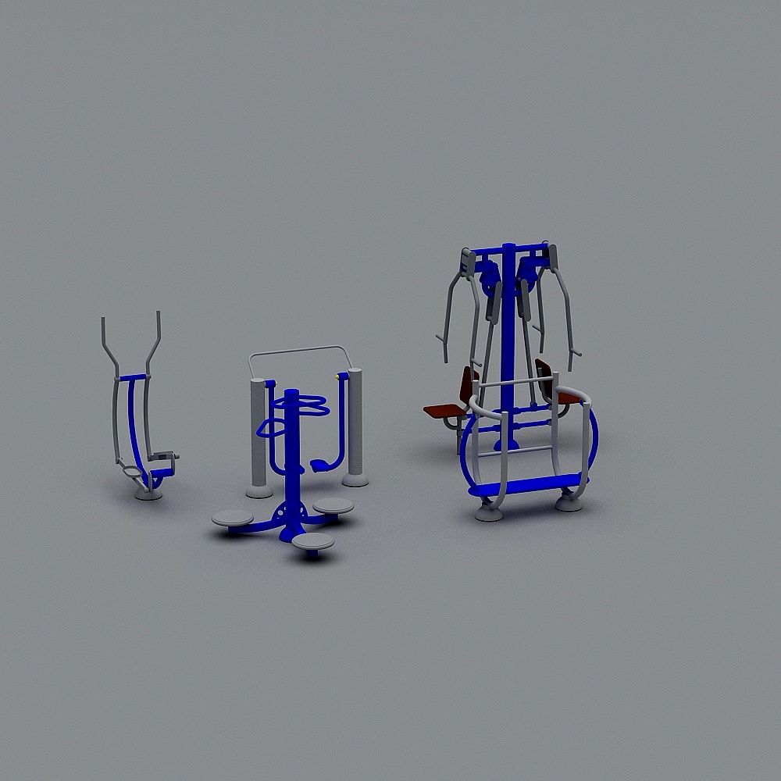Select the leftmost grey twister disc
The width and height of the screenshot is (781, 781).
232,518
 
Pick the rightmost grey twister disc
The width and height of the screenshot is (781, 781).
333,506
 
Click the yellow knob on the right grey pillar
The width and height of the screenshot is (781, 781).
337,377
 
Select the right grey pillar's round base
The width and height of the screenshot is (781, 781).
355,480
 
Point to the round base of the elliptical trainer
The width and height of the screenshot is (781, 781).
148,493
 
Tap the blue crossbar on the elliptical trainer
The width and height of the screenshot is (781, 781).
131,377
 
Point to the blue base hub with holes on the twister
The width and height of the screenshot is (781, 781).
291,512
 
